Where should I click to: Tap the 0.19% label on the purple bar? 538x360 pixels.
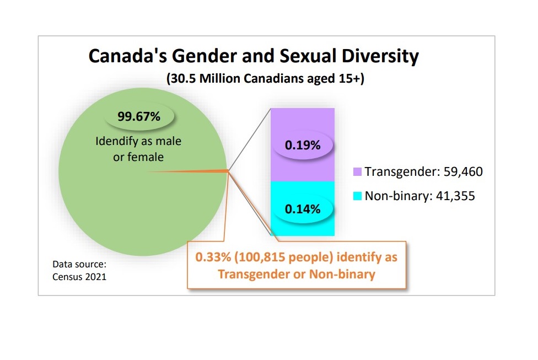click(302, 146)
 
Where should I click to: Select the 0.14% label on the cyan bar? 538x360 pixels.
click(302, 209)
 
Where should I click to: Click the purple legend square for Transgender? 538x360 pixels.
click(357, 172)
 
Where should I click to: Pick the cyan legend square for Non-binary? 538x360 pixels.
click(357, 196)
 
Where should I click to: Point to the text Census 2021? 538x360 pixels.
click(79, 277)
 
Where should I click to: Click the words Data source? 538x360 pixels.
click(76, 264)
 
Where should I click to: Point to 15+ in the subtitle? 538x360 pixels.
click(351, 79)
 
